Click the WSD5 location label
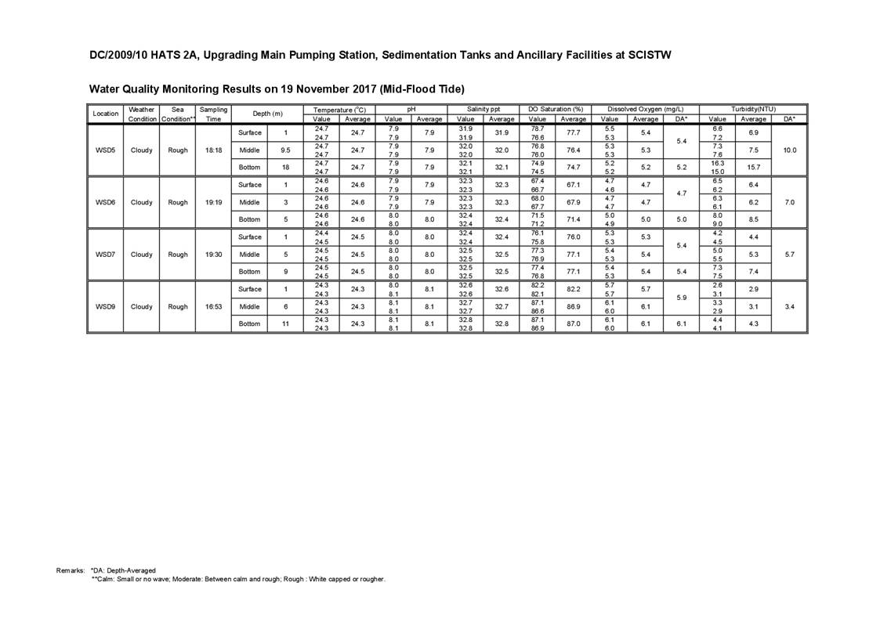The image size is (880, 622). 105,150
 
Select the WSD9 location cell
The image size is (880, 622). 105,306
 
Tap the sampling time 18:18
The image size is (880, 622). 213,150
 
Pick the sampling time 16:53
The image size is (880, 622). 213,306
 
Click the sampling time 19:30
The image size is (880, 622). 213,255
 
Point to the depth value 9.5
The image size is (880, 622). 286,150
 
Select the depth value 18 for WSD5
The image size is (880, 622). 286,168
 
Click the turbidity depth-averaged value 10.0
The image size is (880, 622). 789,150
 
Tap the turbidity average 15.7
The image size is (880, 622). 753,168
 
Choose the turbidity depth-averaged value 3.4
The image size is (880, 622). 789,306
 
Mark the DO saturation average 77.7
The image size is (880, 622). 573,133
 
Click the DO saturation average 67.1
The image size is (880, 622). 573,185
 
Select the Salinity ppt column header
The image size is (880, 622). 483,110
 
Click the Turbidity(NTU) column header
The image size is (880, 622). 753,110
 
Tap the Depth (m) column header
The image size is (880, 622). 267,114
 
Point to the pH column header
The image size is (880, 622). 411,110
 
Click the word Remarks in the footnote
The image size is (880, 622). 71,570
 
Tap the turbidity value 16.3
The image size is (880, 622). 717,164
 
